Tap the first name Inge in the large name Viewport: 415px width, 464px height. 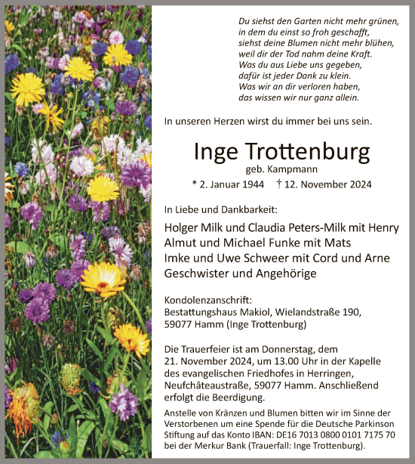click(216, 153)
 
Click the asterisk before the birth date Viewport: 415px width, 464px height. click(195, 184)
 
